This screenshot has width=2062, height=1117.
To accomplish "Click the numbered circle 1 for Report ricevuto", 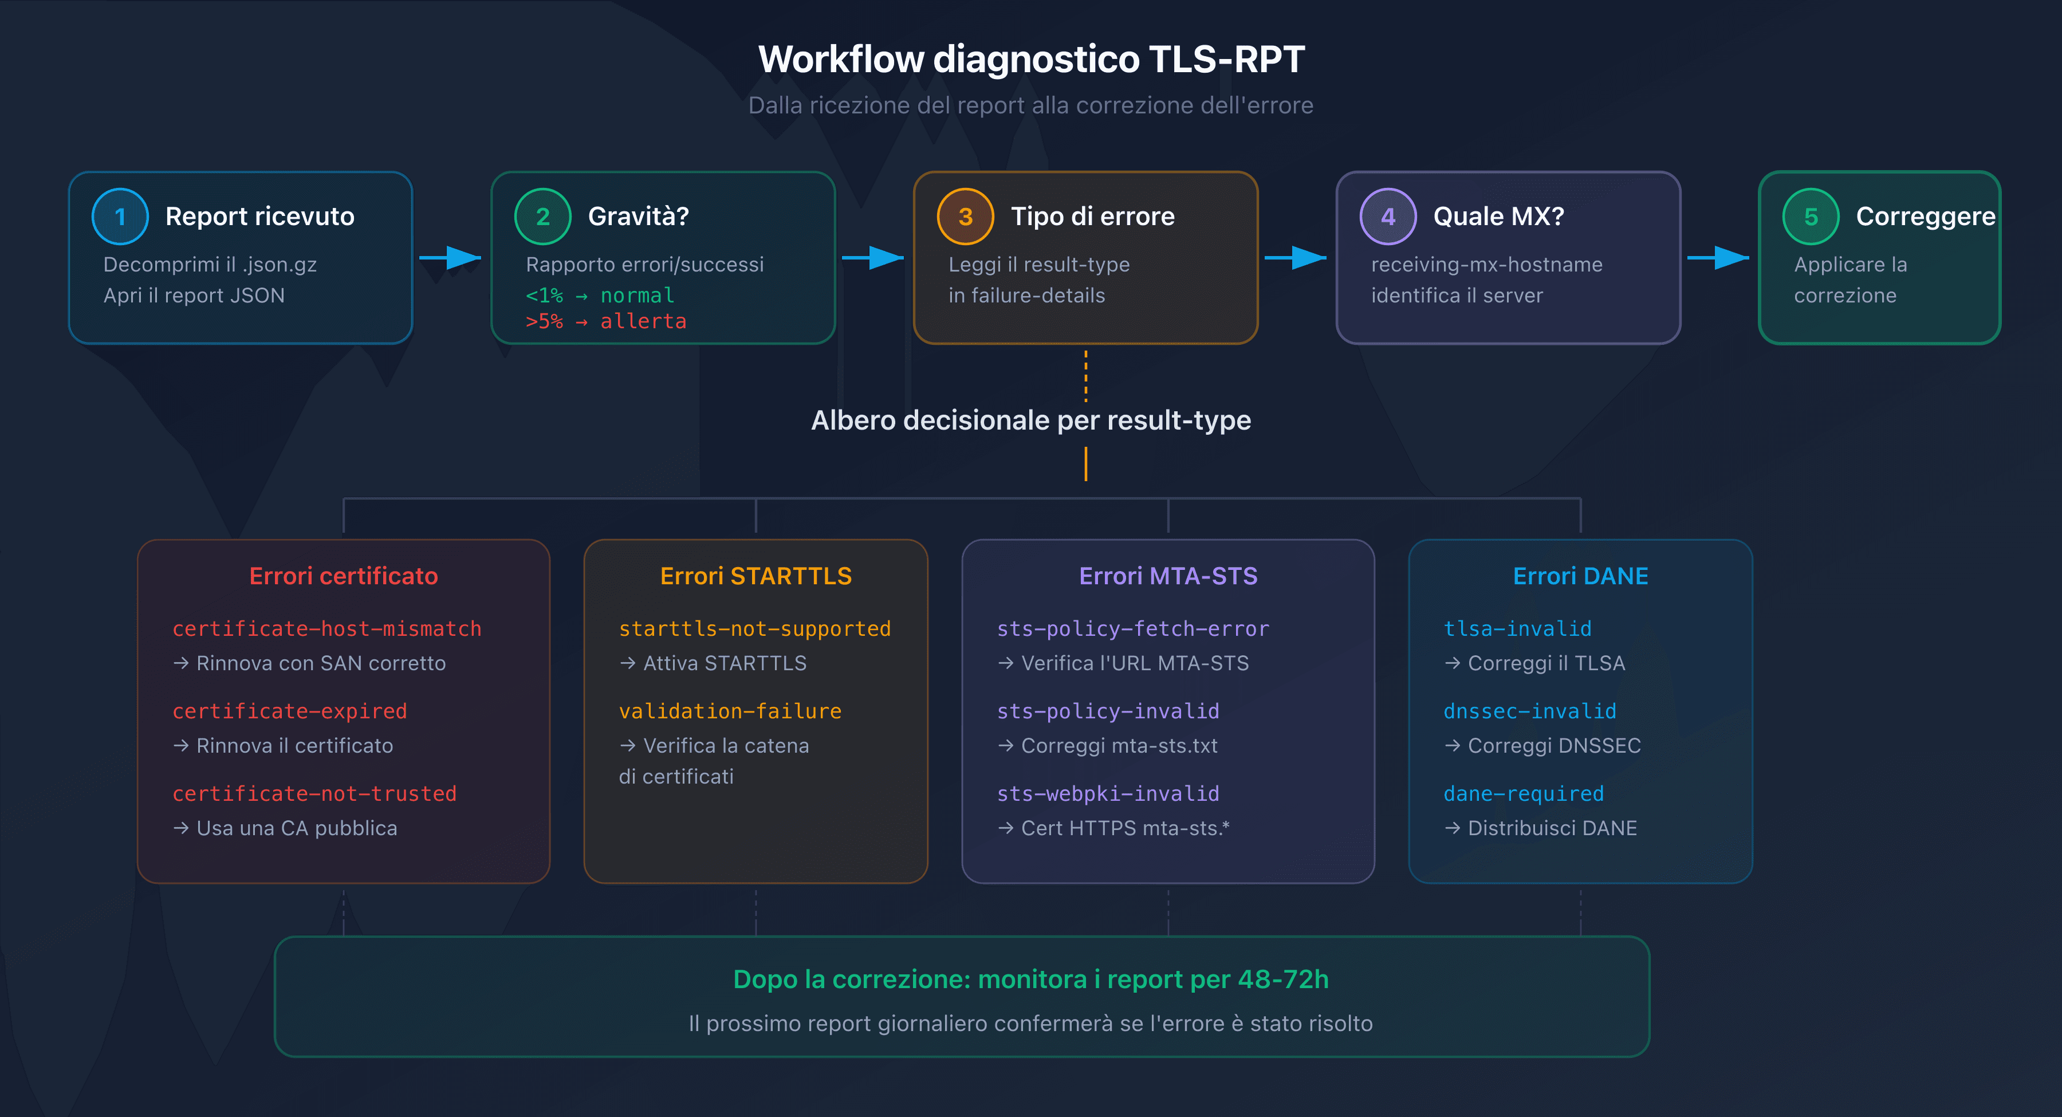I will [120, 216].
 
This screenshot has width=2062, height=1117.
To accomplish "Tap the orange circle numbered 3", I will [965, 216].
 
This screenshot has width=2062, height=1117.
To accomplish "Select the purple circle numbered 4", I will [1387, 216].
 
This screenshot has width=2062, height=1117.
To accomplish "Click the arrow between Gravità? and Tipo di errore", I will [874, 258].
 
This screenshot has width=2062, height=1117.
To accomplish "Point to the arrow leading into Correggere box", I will [1718, 258].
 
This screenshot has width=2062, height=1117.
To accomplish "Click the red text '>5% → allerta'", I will [606, 321].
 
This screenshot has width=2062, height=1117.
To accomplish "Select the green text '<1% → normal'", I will [600, 296].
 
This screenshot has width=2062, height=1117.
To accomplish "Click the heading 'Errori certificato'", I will [344, 576].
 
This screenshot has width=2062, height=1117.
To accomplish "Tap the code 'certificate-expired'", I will [290, 711].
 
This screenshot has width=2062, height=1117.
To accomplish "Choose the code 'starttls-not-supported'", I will [755, 628].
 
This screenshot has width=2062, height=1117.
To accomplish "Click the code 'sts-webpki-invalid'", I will [1108, 793].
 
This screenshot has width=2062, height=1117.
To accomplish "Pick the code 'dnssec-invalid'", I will [1530, 711].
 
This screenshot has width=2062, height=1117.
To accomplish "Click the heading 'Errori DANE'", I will [1580, 576].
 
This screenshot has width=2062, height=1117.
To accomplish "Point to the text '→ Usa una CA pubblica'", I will [285, 828].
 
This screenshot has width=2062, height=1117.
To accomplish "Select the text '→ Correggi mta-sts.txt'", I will [1107, 745].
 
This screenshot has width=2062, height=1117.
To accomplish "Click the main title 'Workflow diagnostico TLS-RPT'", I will [1031, 59].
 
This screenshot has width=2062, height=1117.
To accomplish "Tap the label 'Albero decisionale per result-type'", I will [1031, 420].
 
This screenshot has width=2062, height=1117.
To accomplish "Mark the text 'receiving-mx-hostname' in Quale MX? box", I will [1486, 264].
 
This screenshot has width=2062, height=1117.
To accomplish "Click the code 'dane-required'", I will [1523, 793].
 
